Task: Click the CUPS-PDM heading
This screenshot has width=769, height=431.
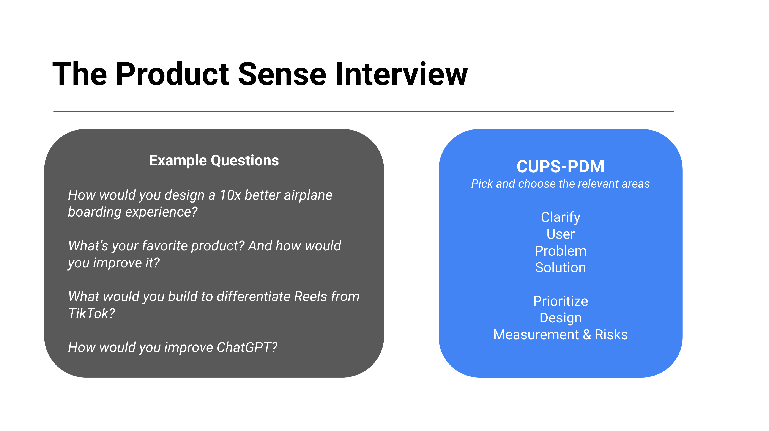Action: tap(560, 167)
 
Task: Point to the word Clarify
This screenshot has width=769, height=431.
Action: tap(560, 217)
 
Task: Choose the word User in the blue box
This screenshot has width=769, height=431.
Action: tap(560, 234)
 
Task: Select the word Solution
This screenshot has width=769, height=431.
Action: tap(560, 267)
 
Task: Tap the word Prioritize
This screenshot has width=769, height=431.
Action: tap(560, 301)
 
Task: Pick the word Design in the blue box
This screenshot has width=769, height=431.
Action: tap(560, 318)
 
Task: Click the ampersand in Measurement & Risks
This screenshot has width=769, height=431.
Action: tap(587, 335)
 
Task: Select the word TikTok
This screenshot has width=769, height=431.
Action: tap(91, 313)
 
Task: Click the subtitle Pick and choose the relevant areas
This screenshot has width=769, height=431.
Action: tap(560, 184)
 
